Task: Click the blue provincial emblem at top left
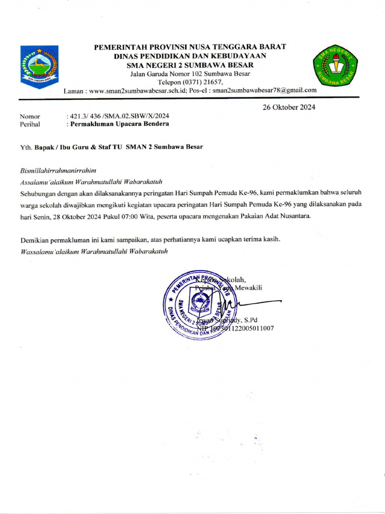point(39,67)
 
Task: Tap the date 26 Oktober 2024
point(289,107)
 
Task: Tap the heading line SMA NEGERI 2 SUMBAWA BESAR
point(190,65)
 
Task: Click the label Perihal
point(30,124)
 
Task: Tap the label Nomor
point(30,116)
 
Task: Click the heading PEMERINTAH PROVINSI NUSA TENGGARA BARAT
point(190,47)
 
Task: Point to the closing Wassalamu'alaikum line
point(94,250)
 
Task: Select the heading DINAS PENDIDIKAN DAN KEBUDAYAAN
point(190,56)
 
